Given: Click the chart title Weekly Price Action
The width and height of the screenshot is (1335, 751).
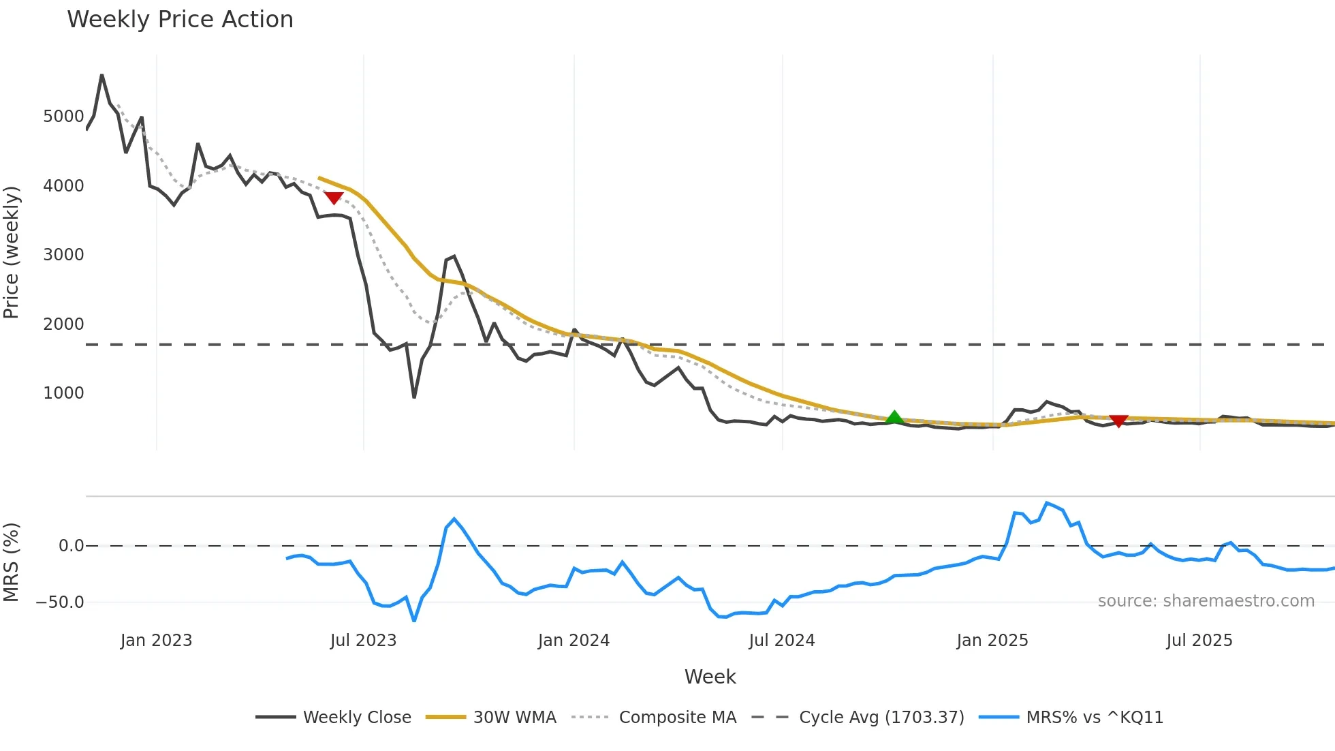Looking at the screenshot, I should point(180,20).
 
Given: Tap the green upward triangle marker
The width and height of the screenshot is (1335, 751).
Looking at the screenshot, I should point(894,417).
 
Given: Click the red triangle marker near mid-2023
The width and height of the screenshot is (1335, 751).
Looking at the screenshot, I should point(334,198).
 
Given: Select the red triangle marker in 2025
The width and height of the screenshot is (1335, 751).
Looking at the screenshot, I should point(1118,420).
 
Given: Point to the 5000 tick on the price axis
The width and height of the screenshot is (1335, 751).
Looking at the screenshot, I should point(63,117).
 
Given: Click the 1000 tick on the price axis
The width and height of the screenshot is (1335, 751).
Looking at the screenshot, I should point(63,393).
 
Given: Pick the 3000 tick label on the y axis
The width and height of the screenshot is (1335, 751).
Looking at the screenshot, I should point(63,255).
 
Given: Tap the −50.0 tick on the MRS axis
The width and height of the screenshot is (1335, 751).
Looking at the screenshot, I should point(60,602).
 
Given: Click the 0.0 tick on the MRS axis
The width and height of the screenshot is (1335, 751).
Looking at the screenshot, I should point(72,546).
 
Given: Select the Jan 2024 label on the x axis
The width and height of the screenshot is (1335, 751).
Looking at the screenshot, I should point(574,641).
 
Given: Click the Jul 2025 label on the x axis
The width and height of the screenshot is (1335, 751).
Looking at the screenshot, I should point(1199,641).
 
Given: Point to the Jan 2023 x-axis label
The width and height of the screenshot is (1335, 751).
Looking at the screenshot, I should point(157,641).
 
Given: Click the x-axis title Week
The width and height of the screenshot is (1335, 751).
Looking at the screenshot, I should point(710,677).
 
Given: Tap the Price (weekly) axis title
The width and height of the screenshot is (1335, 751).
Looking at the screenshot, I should point(12,252).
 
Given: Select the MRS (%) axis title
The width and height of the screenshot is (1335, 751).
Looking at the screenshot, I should point(12,562).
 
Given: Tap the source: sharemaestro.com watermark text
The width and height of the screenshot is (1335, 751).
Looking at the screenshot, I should point(1206,601).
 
